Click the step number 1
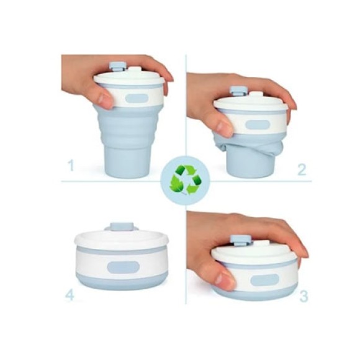coord(71,166)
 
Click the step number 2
coord(302,170)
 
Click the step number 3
coord(303,296)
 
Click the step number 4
coord(70,295)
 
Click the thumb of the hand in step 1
coord(104,98)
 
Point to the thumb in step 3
coord(224,279)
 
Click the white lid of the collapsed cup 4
coord(122,238)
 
